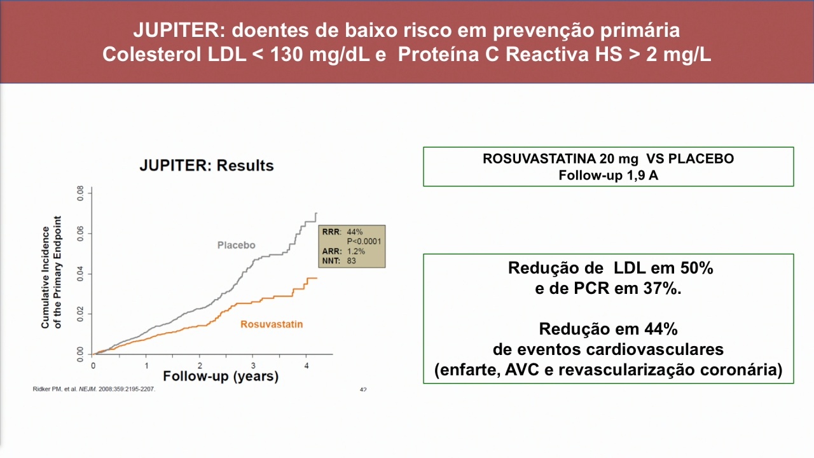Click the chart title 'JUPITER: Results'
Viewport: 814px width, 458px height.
click(x=207, y=165)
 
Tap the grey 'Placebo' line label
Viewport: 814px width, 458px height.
click(x=236, y=245)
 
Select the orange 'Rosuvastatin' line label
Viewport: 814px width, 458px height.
click(x=272, y=324)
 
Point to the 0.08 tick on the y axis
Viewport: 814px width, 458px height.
click(x=80, y=193)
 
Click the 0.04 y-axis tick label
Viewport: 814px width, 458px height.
click(x=80, y=274)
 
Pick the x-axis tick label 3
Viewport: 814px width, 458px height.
click(x=253, y=366)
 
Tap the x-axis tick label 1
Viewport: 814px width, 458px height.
click(x=146, y=366)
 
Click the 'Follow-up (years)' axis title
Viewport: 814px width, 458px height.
click(x=221, y=376)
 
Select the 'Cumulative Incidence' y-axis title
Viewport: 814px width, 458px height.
click(x=45, y=277)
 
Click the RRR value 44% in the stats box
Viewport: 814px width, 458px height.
click(x=355, y=232)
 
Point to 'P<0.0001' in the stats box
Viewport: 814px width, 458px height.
click(x=364, y=241)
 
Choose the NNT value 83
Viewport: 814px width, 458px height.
click(x=352, y=261)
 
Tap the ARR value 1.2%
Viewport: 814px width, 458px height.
click(x=355, y=251)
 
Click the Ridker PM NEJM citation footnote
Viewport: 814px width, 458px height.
click(x=93, y=389)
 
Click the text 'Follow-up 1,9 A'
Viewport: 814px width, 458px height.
click(x=609, y=175)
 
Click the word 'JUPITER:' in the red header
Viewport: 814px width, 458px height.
click(x=179, y=30)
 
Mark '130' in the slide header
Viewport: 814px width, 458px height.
click(x=286, y=55)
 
